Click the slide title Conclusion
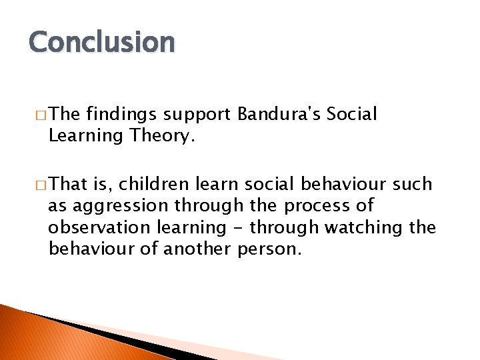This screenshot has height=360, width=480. point(101,42)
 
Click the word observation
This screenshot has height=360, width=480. point(99,227)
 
